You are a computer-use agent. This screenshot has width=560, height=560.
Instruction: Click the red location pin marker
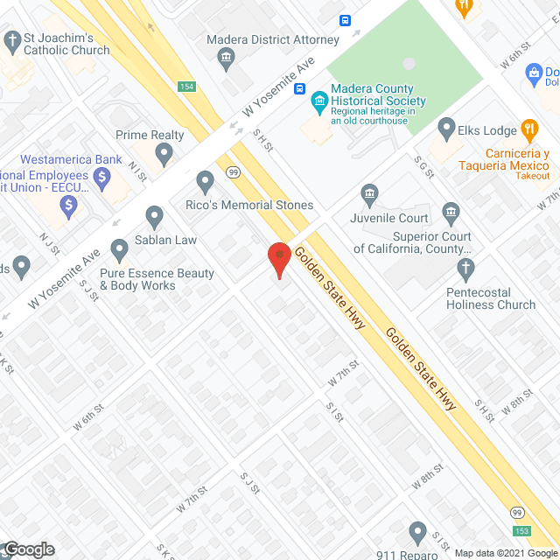[278, 258]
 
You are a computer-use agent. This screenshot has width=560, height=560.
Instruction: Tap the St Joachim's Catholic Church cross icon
[12, 40]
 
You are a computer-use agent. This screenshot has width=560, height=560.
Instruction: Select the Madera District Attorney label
[272, 40]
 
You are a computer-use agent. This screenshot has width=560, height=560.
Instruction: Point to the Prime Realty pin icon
[164, 154]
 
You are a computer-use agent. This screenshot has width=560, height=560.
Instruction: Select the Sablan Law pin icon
[155, 215]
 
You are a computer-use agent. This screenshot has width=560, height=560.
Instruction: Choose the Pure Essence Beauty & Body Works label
[157, 279]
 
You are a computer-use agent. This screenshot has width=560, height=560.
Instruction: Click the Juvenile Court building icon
[368, 192]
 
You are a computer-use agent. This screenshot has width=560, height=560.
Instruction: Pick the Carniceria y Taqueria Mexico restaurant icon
[528, 131]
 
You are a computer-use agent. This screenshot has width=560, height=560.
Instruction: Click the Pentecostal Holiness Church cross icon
[465, 266]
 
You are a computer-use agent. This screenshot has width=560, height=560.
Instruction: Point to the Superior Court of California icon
[451, 212]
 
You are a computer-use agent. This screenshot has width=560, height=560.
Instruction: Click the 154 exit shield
[185, 87]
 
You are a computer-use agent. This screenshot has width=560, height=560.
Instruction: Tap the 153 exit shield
[522, 529]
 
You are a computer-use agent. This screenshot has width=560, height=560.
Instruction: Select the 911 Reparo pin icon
[417, 532]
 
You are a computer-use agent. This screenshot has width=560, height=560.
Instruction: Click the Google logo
[28, 549]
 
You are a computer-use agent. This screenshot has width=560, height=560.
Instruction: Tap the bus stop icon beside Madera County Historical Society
[300, 89]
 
